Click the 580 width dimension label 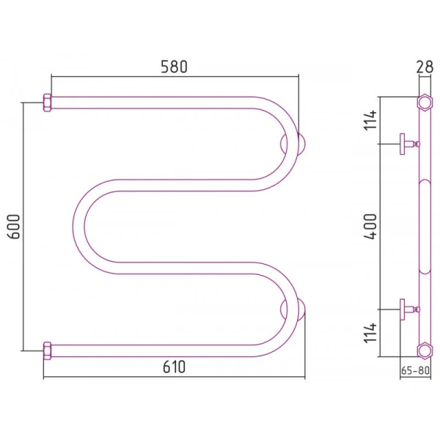click(174, 67)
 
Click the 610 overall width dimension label click(175, 367)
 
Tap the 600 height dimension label click(14, 227)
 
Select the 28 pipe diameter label click(425, 67)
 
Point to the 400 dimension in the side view click(370, 227)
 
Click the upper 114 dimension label click(370, 120)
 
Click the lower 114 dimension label click(370, 333)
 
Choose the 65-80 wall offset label click(415, 370)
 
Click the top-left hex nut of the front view click(47, 103)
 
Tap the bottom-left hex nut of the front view click(47, 351)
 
